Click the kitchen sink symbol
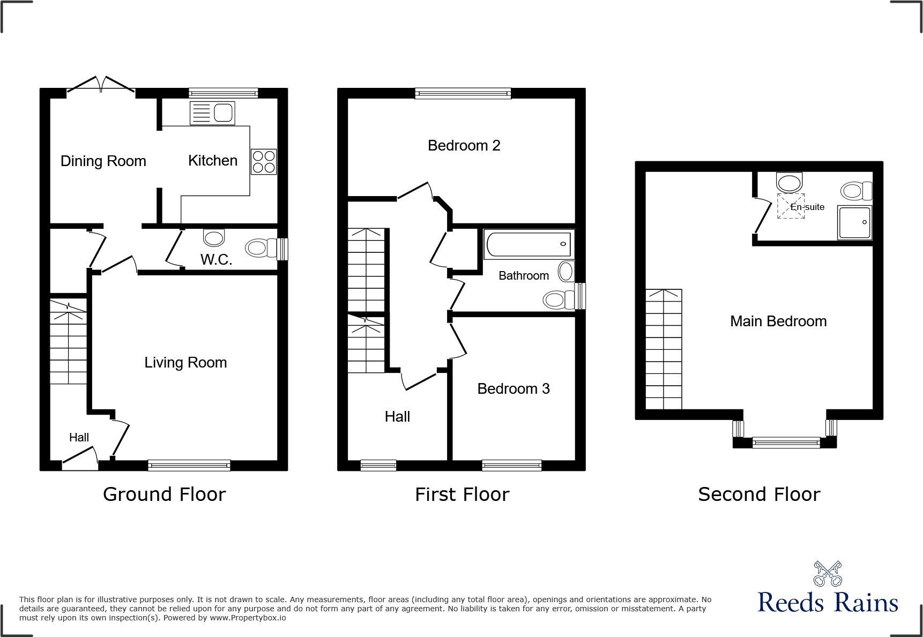212,113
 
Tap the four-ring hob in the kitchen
264,161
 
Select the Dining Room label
103,161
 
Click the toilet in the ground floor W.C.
261,248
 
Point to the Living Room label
185,363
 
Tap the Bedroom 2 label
464,146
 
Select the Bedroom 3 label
513,389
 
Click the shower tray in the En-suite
854,222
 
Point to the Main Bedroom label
778,321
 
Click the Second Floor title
758,494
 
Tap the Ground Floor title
164,494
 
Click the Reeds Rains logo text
827,603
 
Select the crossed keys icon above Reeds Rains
827,574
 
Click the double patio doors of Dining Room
101,85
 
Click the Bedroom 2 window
463,94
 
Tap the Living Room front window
189,465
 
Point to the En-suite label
807,207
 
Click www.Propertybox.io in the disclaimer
248,618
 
